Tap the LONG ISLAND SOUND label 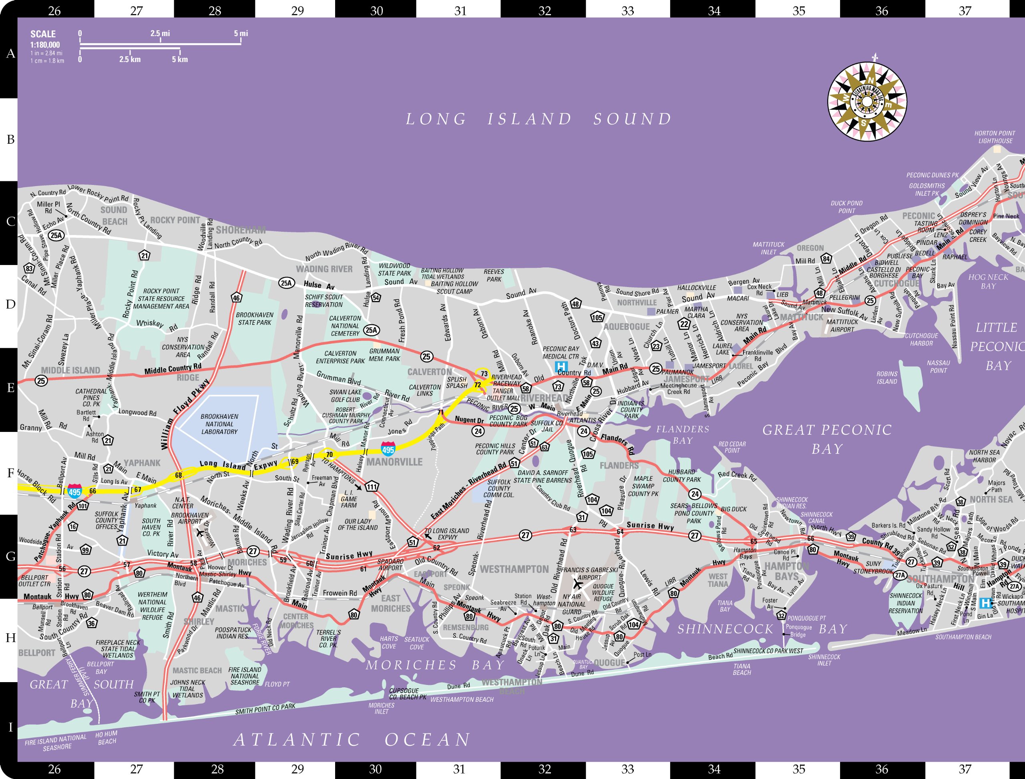click(x=538, y=119)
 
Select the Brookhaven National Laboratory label click(x=219, y=424)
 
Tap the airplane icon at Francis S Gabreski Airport click(x=577, y=584)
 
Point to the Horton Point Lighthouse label click(x=995, y=137)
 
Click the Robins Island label click(x=886, y=377)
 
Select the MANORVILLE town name click(x=394, y=462)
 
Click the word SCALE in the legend click(x=43, y=34)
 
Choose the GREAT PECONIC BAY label click(x=827, y=439)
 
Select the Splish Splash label click(x=456, y=383)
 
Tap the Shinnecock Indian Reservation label click(x=906, y=603)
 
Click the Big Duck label click(x=734, y=509)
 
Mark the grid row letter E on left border click(x=10, y=387)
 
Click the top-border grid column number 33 click(x=627, y=10)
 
